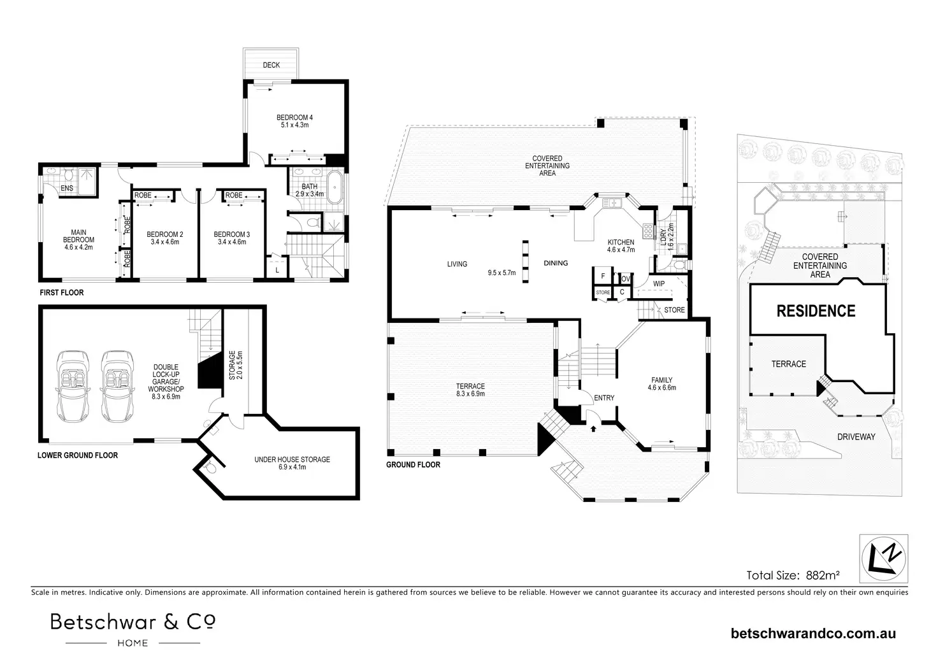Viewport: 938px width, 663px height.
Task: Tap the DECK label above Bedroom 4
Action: point(271,65)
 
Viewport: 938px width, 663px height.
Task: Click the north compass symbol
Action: point(884,559)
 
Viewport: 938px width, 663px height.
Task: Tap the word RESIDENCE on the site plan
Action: point(816,311)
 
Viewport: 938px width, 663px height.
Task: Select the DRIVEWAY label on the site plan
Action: point(856,437)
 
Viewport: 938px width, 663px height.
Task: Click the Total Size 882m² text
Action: point(793,575)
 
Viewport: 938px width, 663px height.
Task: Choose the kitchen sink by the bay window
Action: point(612,203)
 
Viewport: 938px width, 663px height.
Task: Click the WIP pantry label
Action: point(659,283)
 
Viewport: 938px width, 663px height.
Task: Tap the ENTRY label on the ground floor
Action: point(604,398)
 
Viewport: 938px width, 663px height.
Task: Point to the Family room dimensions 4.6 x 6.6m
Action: point(661,387)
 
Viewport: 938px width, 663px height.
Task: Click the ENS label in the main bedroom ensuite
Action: point(66,189)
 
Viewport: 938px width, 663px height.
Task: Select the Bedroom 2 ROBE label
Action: point(143,195)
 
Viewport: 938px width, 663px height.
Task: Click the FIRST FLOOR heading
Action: point(61,293)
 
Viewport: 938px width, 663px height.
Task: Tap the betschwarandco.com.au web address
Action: point(814,633)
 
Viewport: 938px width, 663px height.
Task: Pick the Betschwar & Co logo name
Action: point(133,622)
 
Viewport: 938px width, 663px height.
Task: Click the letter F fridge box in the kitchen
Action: point(602,276)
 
